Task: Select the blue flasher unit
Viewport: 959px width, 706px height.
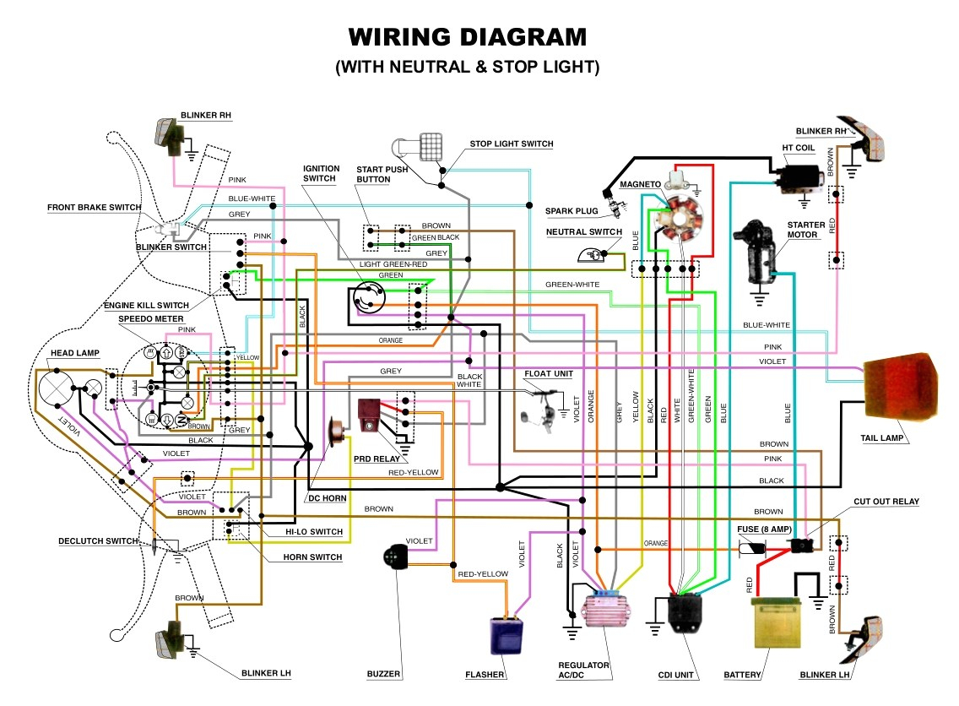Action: (507, 635)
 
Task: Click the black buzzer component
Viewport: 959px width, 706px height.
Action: (394, 559)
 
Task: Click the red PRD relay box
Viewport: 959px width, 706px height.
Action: (370, 415)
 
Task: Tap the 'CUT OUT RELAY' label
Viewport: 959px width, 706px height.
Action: (886, 502)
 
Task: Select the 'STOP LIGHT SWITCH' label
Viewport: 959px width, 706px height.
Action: (511, 144)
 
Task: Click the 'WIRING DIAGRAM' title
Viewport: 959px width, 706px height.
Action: (467, 38)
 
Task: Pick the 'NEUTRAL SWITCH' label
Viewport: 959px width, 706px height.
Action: (583, 232)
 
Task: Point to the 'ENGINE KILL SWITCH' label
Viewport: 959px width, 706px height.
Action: (146, 305)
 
